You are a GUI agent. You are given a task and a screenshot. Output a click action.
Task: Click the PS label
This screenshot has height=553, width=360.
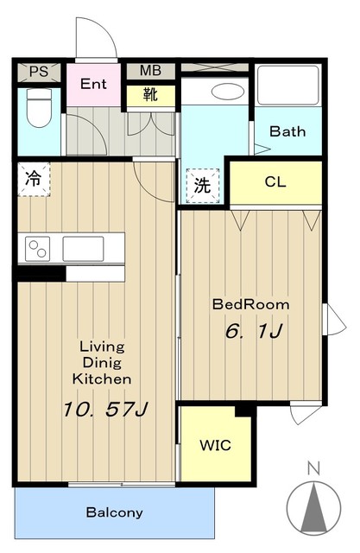(39, 72)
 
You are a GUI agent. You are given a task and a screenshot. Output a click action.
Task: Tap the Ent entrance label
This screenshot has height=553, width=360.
(93, 84)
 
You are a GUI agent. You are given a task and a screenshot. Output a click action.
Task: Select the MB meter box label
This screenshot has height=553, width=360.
(150, 71)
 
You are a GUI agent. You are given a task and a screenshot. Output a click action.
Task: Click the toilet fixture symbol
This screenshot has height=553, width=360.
(40, 107)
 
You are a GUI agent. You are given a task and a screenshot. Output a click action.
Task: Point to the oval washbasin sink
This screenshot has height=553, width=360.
(228, 92)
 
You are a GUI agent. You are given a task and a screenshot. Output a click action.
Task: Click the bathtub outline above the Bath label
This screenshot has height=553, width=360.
(287, 86)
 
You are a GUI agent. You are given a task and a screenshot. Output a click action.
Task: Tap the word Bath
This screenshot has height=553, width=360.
(287, 131)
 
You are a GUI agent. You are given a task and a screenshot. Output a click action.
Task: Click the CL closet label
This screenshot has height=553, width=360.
(275, 182)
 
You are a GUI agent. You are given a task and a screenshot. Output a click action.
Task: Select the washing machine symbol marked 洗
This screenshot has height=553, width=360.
(203, 186)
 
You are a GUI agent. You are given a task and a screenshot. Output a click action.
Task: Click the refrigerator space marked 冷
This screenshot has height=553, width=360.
(34, 179)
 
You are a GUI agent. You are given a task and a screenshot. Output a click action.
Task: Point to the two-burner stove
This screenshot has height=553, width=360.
(38, 249)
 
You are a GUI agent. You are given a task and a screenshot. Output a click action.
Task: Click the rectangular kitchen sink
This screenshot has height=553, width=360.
(83, 249)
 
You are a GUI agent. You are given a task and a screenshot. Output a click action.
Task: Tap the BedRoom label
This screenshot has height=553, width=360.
(251, 304)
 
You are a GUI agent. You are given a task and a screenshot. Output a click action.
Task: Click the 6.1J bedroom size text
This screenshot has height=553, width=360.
(253, 331)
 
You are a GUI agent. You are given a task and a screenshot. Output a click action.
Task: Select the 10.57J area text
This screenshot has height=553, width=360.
(105, 410)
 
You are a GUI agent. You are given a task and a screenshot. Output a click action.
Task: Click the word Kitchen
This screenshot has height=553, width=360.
(102, 379)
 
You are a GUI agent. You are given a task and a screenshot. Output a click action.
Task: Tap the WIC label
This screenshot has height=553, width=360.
(216, 446)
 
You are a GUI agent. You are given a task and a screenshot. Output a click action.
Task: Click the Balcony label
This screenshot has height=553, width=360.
(115, 512)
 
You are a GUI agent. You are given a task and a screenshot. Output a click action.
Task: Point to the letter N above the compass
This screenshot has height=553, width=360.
(313, 468)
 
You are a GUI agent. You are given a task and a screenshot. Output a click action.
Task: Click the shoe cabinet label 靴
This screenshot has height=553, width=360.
(150, 94)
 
